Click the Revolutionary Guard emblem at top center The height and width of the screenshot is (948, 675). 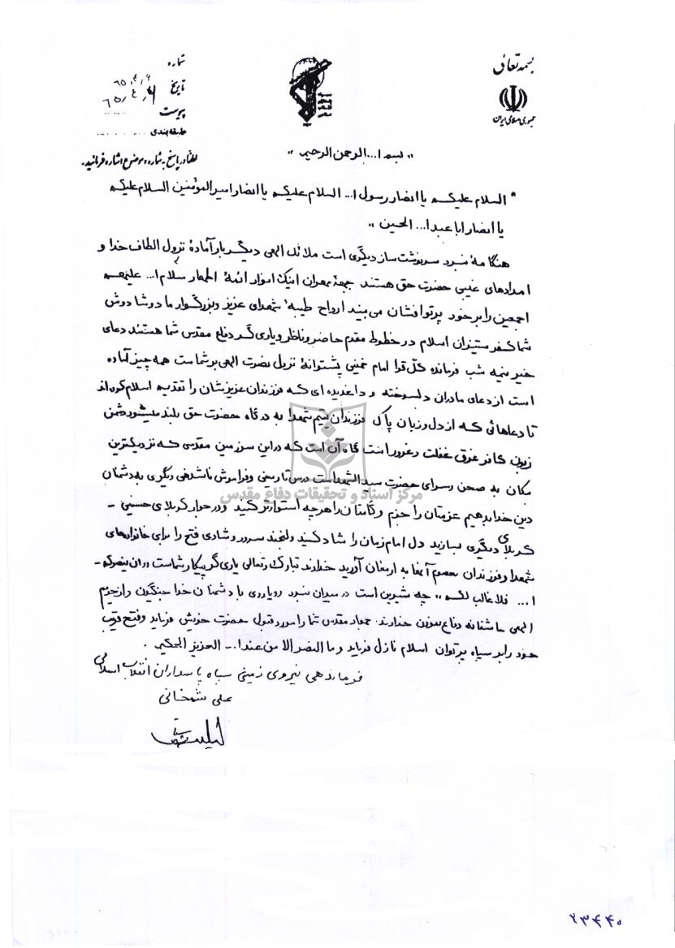[x=306, y=93]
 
